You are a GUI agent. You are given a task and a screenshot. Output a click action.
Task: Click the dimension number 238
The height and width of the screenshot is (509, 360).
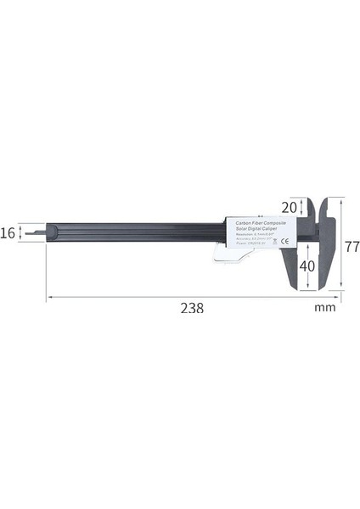(193, 308)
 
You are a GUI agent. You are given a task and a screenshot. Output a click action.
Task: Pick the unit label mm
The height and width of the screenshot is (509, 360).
(325, 308)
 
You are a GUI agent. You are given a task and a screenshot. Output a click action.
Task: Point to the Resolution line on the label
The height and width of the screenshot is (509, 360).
(255, 236)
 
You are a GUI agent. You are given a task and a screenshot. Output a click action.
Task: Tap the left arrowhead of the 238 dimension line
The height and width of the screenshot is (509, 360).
(49, 297)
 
